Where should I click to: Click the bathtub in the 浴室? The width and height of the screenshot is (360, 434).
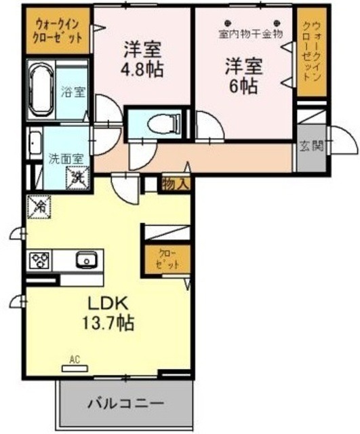pos(41,91)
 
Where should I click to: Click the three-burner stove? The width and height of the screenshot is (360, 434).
pos(39,260)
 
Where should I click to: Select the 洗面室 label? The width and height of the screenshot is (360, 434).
pos(65,159)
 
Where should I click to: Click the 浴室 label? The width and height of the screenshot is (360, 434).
pos(73,92)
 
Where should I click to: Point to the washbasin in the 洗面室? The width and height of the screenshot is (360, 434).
pos(35,143)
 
